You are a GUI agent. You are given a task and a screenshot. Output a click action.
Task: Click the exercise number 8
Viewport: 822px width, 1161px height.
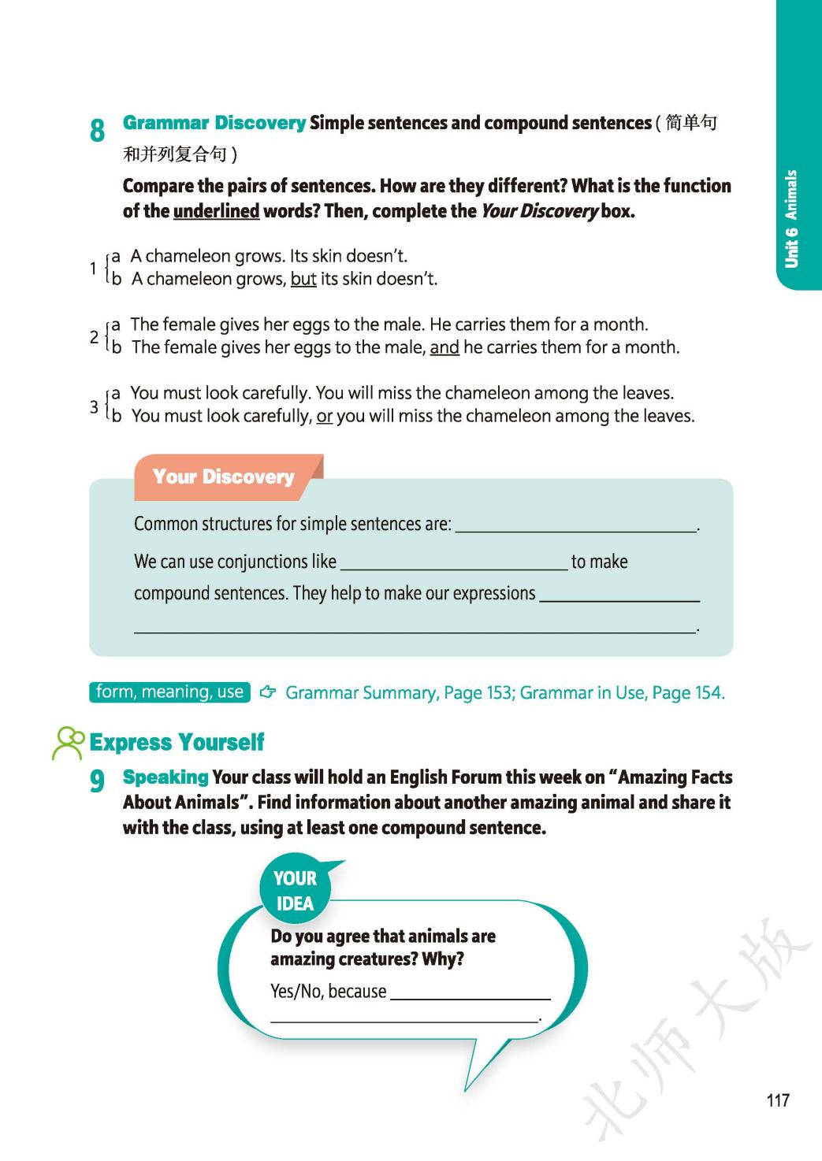coord(97,130)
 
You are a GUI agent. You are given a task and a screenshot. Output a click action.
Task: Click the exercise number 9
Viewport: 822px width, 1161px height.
coord(97,781)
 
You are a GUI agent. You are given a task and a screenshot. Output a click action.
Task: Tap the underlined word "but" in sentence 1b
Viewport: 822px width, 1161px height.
coord(303,279)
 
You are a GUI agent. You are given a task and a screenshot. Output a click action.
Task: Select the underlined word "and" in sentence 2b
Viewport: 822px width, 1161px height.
coord(444,347)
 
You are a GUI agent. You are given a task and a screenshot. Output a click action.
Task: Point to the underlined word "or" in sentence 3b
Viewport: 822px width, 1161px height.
coord(324,416)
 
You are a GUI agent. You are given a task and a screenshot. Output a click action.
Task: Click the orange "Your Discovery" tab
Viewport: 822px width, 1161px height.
coord(223,477)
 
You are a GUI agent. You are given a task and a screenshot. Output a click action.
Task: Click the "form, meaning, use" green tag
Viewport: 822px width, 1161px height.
coord(169,692)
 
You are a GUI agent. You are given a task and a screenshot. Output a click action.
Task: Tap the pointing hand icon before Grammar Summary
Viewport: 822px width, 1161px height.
coord(268,692)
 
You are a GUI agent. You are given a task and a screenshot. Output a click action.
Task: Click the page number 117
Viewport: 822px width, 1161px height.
coord(777,1100)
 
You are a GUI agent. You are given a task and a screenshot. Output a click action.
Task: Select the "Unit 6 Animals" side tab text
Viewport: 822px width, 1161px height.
coord(791,218)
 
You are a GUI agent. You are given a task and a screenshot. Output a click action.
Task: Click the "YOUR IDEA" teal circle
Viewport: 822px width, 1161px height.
coord(295,891)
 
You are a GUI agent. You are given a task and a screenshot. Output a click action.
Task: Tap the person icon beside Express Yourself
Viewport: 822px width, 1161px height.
coord(68,743)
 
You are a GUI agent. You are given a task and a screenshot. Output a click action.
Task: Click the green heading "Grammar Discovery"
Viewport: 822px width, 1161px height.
coord(214,123)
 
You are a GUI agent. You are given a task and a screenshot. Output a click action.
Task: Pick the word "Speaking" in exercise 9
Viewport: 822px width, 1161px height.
coord(166,777)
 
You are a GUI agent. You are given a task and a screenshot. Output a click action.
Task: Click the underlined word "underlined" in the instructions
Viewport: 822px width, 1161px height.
coord(216,211)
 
